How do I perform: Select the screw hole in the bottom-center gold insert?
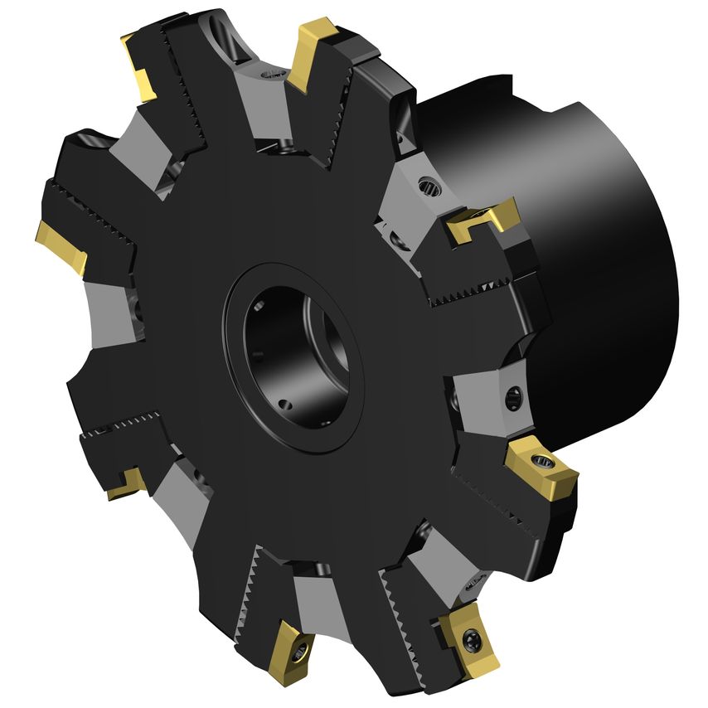pos(299,649)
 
